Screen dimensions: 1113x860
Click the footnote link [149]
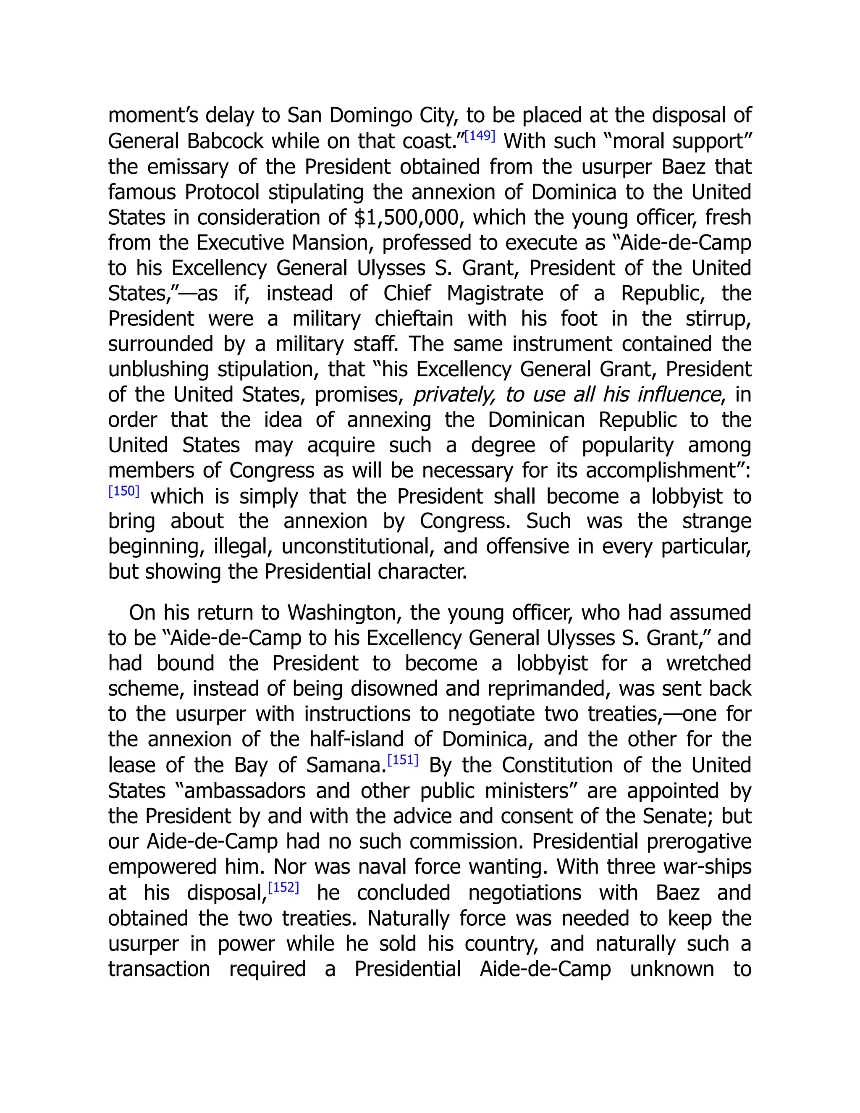click(x=480, y=136)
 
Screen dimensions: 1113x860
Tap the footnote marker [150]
click(x=124, y=491)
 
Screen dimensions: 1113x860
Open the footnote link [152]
click(x=283, y=887)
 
